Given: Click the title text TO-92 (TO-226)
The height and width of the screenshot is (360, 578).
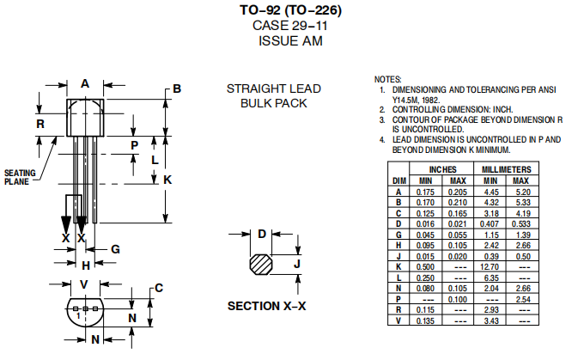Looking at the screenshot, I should click(289, 10).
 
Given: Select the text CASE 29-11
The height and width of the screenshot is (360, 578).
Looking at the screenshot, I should click(289, 25).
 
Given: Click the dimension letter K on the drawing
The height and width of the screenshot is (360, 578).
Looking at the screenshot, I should click(167, 180).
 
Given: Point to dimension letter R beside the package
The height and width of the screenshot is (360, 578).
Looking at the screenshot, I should click(40, 124).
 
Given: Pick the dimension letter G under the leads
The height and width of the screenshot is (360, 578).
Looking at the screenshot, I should click(114, 249).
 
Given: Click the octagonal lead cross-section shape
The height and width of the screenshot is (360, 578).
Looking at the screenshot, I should click(260, 264).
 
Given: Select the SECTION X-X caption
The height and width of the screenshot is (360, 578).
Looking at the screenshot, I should click(266, 306).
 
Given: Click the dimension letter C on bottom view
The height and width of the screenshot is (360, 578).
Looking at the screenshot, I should click(158, 288).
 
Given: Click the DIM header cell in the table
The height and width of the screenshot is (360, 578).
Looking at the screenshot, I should click(398, 180).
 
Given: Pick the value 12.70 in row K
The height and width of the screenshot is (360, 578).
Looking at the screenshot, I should click(490, 266).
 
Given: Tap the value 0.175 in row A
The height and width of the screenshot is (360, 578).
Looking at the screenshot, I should click(425, 192).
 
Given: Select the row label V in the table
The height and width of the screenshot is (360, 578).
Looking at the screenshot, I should click(398, 320).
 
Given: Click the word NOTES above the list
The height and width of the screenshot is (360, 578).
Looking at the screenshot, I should click(388, 78).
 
